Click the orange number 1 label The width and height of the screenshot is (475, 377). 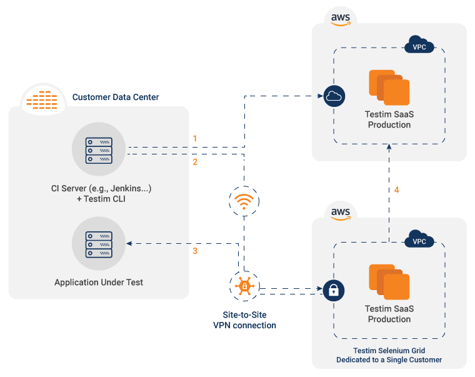tap(195, 138)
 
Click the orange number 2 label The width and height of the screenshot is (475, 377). tap(195, 162)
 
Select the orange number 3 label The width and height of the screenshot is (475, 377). tap(195, 251)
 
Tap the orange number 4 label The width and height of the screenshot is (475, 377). tap(396, 189)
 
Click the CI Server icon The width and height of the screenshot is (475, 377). tap(99, 150)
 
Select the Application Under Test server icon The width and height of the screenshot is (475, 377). tap(99, 244)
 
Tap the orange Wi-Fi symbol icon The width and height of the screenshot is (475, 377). tap(244, 201)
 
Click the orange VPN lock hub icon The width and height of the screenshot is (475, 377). tap(244, 288)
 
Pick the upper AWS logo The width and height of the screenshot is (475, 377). tap(340, 18)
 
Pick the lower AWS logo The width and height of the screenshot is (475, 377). tap(340, 212)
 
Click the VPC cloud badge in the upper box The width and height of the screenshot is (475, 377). tap(419, 46)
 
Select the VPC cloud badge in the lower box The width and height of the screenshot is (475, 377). tap(419, 240)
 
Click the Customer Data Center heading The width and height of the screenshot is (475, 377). tap(116, 97)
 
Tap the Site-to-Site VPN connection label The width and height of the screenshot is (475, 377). tap(244, 320)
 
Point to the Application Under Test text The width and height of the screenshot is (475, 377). tap(99, 283)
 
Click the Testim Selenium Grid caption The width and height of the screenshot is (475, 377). tap(389, 354)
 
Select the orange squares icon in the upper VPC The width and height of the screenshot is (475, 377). tap(389, 87)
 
